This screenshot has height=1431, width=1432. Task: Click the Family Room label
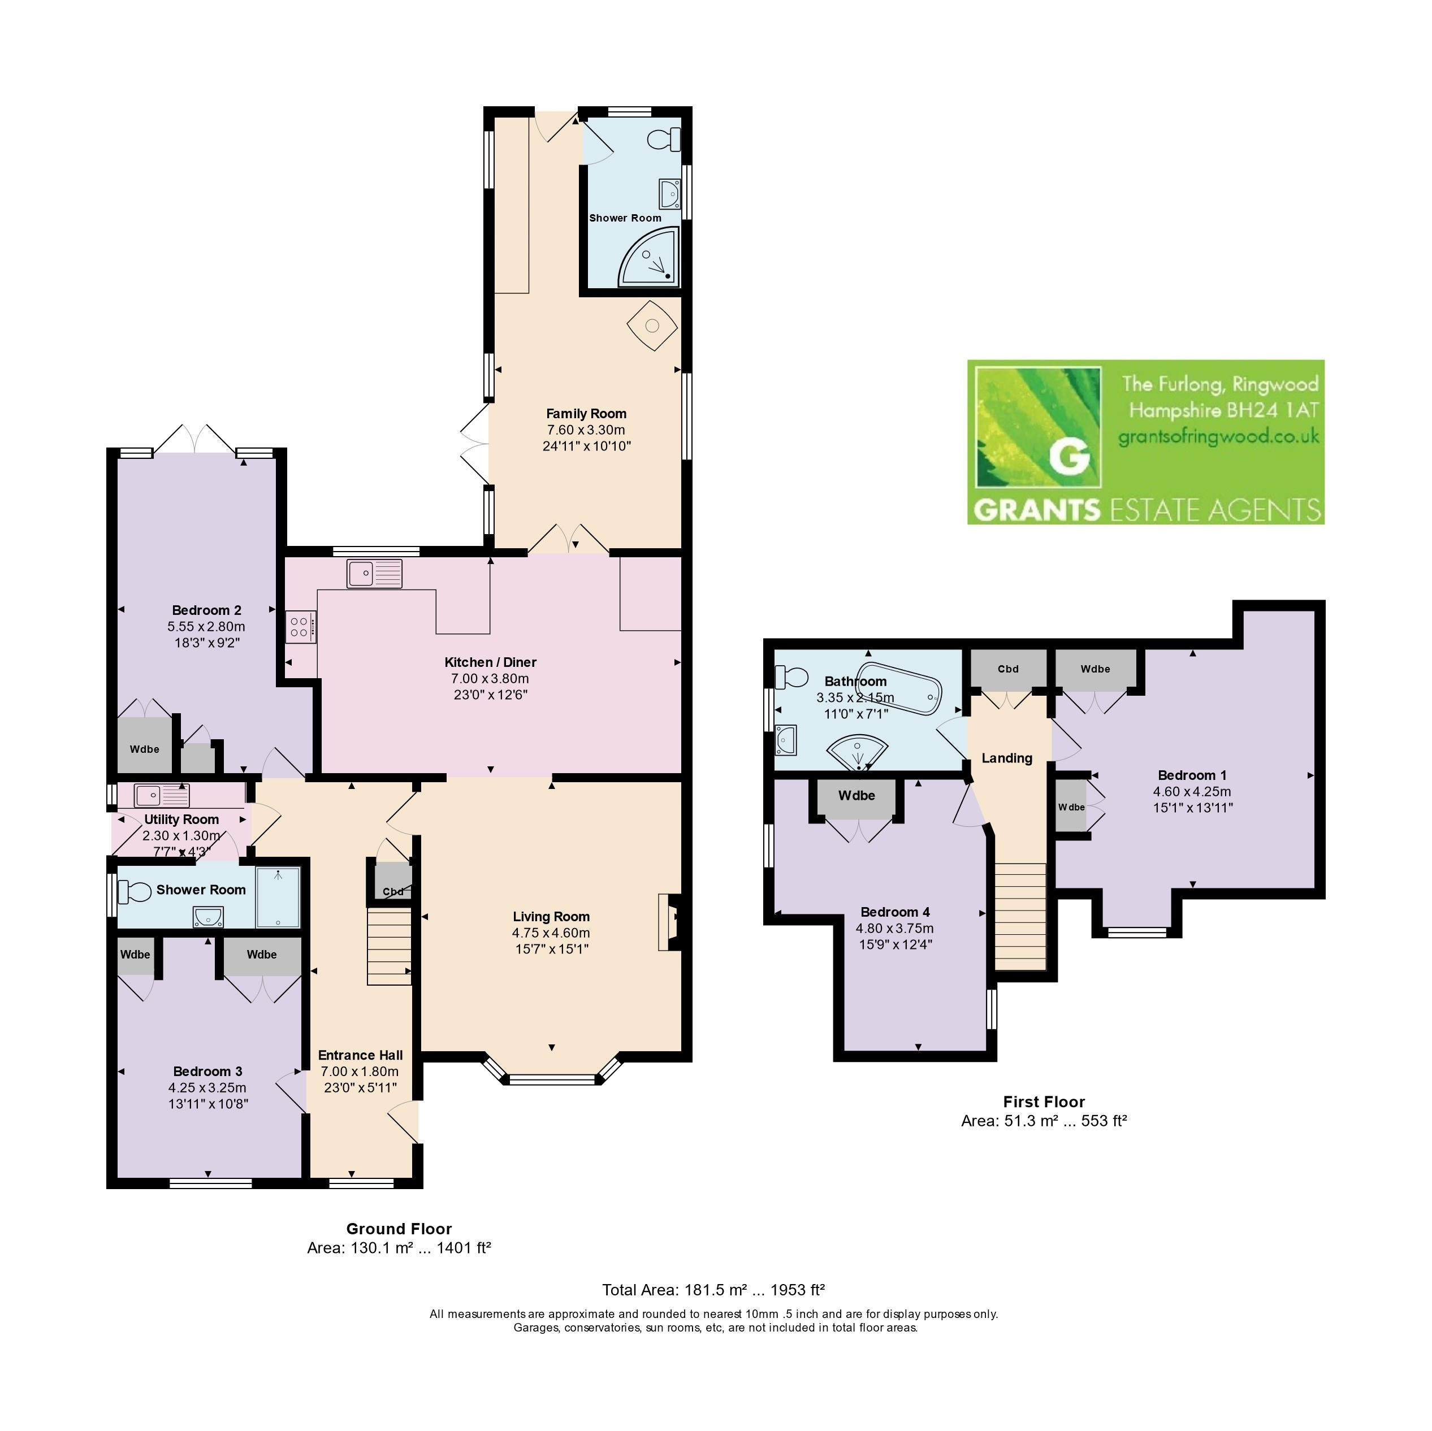[586, 414]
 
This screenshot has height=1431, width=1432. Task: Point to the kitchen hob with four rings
[301, 626]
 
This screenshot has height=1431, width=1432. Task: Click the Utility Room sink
[162, 796]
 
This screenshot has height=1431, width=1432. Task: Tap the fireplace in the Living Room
[669, 922]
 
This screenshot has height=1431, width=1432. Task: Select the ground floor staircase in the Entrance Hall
[389, 948]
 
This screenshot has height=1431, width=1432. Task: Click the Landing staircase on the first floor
[1020, 917]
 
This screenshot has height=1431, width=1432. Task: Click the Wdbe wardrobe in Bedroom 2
[145, 745]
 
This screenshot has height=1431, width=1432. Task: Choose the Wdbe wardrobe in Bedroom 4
[857, 797]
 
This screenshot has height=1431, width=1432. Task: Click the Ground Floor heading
[399, 1229]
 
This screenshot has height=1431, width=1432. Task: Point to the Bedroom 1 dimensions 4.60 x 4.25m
[1192, 791]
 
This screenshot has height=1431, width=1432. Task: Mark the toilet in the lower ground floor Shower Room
[133, 891]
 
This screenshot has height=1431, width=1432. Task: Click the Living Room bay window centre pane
[552, 1079]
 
